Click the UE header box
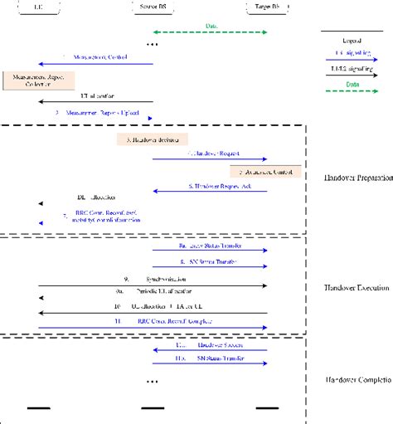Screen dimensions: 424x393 pos(39,7)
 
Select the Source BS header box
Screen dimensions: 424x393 pos(153,7)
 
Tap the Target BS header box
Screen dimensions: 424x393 pos(267,7)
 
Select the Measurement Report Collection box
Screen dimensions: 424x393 pos(38,80)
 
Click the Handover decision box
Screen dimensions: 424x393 pos(153,139)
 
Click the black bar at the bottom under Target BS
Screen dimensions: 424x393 pos(267,408)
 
